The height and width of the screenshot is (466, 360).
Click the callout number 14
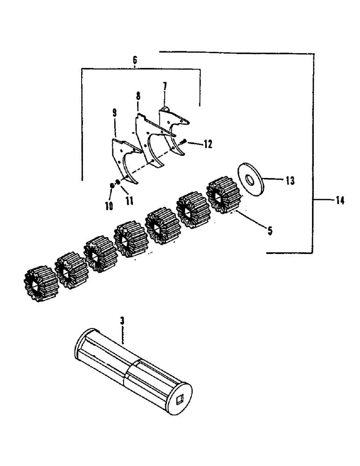point(339,201)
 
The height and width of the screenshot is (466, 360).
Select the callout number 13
point(290,181)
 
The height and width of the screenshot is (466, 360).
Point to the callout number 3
point(122,322)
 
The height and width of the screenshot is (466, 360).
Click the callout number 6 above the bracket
point(135,60)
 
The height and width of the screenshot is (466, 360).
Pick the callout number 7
point(165,87)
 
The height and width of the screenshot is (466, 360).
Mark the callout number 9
point(115,113)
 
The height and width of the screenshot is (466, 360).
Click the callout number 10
point(109,206)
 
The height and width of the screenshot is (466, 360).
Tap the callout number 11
point(129,201)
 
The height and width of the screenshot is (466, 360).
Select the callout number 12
point(208,144)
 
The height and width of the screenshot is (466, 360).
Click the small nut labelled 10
point(112,185)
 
